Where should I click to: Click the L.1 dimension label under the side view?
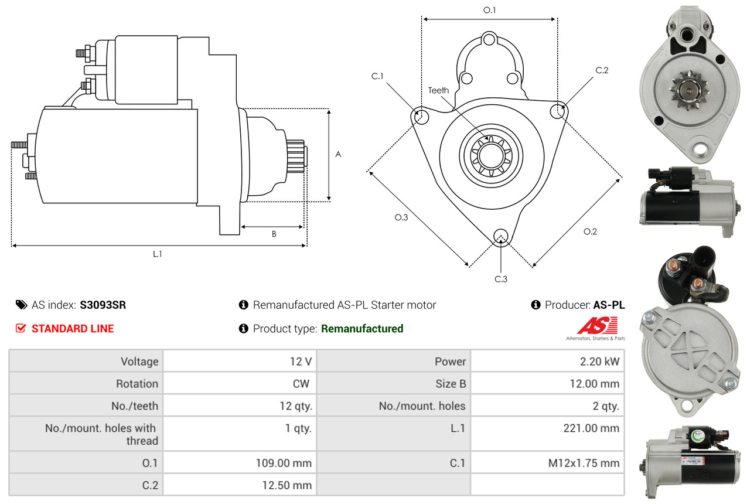pos(157,254)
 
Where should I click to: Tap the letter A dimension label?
pos(338,154)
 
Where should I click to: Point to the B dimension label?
pos(274,234)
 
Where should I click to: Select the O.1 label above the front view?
pos(489,10)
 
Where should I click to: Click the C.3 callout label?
pos(501,279)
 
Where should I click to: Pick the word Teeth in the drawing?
pos(438,90)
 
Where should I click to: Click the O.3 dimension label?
pos(401,217)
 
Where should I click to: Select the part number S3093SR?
pos(103,305)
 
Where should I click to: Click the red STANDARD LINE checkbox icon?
pos(21,328)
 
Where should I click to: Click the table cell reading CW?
pos(302,384)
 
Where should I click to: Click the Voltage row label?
pos(139,362)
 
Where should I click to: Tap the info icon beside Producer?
pos(535,305)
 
